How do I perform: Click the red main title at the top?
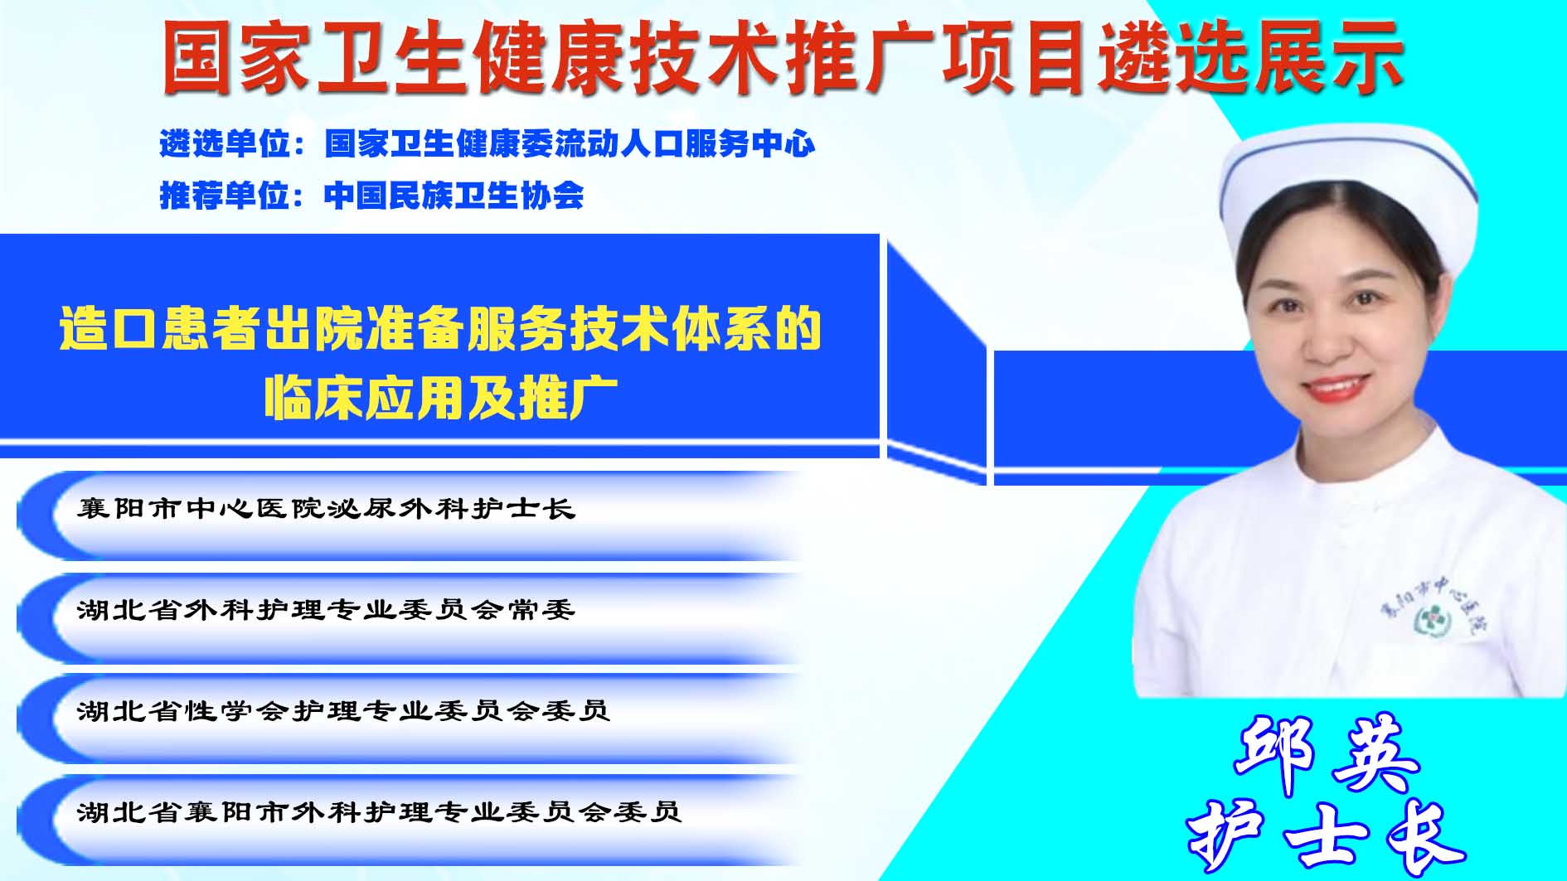782,57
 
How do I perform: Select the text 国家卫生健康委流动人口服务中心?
570,144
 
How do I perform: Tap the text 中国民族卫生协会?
454,196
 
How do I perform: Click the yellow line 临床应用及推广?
440,398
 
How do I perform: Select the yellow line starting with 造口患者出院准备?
440,328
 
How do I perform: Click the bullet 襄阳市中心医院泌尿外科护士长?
326,508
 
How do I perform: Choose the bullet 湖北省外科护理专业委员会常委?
326,610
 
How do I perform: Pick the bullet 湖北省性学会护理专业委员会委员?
343,711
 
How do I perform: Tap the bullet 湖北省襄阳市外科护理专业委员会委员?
379,812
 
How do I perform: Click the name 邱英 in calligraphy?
1327,754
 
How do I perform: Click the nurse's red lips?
1336,388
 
